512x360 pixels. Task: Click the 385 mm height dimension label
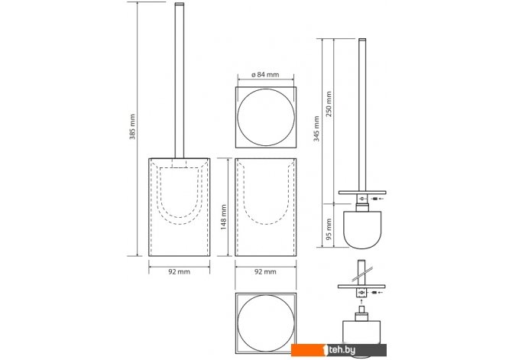pyautogui.click(x=132, y=127)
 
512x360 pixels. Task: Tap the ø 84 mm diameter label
pyautogui.click(x=265, y=74)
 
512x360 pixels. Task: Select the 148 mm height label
pyautogui.click(x=224, y=217)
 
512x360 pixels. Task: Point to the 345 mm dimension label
pyautogui.click(x=316, y=128)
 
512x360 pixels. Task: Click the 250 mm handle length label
pyautogui.click(x=329, y=104)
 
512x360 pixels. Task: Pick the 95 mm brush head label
pyautogui.click(x=329, y=229)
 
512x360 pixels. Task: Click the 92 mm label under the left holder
pyautogui.click(x=179, y=271)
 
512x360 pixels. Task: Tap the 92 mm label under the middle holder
pyautogui.click(x=265, y=271)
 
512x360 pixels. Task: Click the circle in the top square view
pyautogui.click(x=238, y=118)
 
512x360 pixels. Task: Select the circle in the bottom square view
pyautogui.click(x=238, y=323)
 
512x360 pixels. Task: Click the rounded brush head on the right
pyautogui.click(x=362, y=229)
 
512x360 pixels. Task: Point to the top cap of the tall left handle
pyautogui.click(x=180, y=4)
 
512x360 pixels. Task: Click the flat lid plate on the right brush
pyautogui.click(x=362, y=193)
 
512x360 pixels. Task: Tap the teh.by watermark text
pyautogui.click(x=342, y=350)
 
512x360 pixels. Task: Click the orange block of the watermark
pyautogui.click(x=307, y=350)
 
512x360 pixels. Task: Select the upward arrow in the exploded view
pyautogui.click(x=361, y=300)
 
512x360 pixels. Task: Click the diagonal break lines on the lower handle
pyautogui.click(x=362, y=274)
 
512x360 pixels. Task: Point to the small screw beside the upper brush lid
pyautogui.click(x=375, y=199)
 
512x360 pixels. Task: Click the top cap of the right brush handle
pyautogui.click(x=362, y=40)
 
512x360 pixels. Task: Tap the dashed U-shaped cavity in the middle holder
pyautogui.click(x=266, y=224)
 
